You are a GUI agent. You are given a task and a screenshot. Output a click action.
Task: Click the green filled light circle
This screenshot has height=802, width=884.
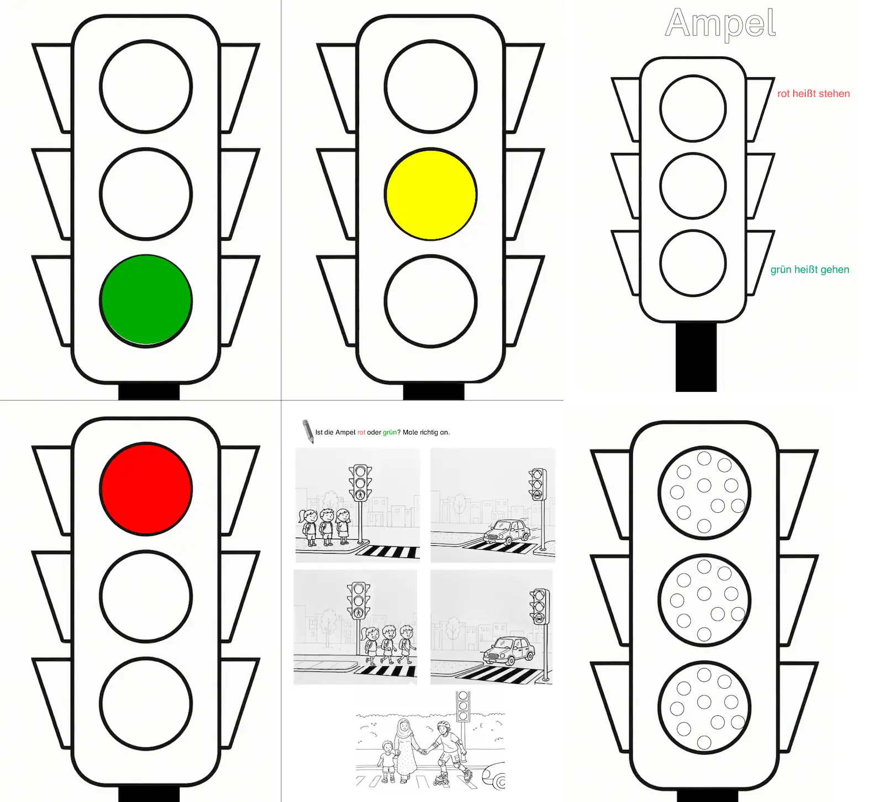pyautogui.click(x=146, y=301)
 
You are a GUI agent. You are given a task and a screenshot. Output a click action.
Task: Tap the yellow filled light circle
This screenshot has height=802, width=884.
pyautogui.click(x=431, y=194)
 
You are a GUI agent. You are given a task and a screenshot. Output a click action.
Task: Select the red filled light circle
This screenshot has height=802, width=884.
pyautogui.click(x=146, y=488)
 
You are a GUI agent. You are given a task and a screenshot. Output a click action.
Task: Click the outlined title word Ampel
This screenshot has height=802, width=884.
pyautogui.click(x=720, y=23)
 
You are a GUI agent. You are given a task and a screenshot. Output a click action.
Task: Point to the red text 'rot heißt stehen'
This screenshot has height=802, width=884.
pyautogui.click(x=813, y=94)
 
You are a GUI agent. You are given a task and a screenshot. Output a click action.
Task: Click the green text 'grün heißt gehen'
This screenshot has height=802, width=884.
pyautogui.click(x=810, y=270)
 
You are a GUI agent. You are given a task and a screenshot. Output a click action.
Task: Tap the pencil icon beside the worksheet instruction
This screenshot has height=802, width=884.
pyautogui.click(x=308, y=431)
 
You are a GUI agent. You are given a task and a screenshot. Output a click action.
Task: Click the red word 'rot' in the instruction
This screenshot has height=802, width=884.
pyautogui.click(x=361, y=432)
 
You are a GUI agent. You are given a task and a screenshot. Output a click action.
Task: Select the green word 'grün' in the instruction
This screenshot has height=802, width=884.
pyautogui.click(x=390, y=432)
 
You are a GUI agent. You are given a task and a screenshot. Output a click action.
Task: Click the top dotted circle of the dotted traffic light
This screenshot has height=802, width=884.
pyautogui.click(x=704, y=492)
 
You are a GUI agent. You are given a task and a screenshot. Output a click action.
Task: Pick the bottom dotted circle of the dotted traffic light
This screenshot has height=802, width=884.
pyautogui.click(x=704, y=707)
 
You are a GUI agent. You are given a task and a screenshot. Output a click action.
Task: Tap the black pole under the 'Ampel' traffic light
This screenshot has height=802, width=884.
pyautogui.click(x=696, y=357)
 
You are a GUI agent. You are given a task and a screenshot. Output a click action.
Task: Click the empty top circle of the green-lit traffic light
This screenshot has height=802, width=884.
pyautogui.click(x=146, y=86)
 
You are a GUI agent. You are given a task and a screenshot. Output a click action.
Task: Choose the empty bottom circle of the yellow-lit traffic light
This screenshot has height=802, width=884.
pyautogui.click(x=431, y=301)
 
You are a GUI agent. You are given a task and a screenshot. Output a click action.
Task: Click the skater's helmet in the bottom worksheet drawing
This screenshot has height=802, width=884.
pyautogui.click(x=443, y=725)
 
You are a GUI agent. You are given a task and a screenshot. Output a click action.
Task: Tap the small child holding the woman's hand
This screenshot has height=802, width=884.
pyautogui.click(x=388, y=762)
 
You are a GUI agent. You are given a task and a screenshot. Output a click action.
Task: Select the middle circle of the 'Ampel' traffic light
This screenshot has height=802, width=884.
pyautogui.click(x=693, y=186)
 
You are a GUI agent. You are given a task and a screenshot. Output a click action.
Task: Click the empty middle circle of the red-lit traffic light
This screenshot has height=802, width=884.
pyautogui.click(x=146, y=596)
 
